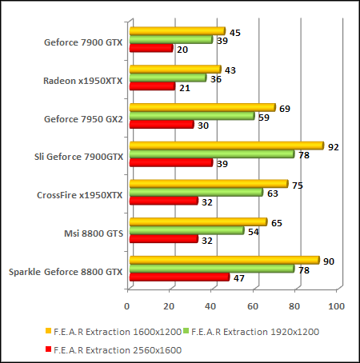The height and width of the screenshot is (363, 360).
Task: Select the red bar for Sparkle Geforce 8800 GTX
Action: pyautogui.click(x=178, y=277)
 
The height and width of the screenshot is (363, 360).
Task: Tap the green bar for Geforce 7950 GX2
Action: pyautogui.click(x=191, y=116)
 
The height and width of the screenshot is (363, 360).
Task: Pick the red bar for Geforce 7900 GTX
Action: pyautogui.click(x=150, y=49)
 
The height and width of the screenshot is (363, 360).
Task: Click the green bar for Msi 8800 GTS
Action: pyautogui.click(x=186, y=230)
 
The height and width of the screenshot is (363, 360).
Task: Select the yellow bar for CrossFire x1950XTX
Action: pyautogui.click(x=208, y=184)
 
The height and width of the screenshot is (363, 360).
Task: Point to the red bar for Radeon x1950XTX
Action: pyautogui.click(x=151, y=86)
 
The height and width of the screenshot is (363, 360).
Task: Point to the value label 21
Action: pyautogui.click(x=186, y=87)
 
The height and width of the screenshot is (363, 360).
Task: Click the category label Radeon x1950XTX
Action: pyautogui.click(x=83, y=80)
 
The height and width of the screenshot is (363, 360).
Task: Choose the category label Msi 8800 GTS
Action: pyautogui.click(x=92, y=233)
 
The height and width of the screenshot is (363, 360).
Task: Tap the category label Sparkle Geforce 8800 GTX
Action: pyautogui.click(x=66, y=272)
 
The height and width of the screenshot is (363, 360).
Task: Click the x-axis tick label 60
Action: pyautogui.click(x=253, y=306)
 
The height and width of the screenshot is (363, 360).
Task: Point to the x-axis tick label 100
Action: pyautogui.click(x=336, y=306)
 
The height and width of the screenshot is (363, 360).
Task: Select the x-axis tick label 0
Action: pyautogui.click(x=127, y=306)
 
